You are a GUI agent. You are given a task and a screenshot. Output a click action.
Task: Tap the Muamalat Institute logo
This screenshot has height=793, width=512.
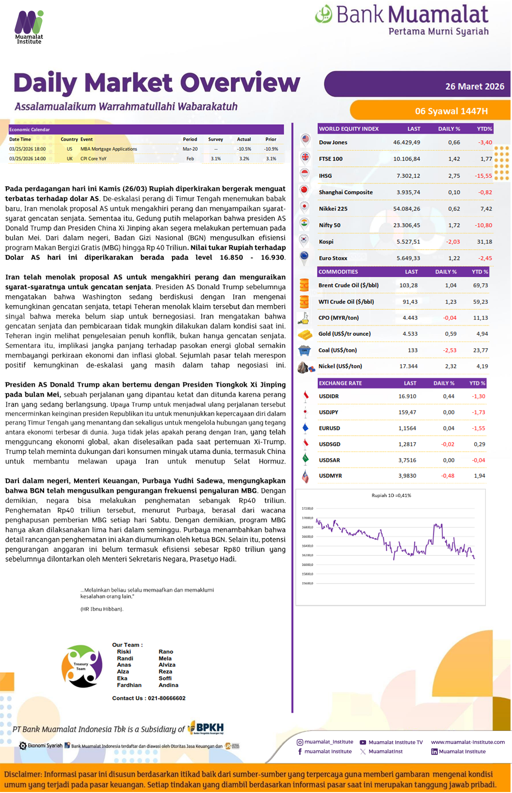click(x=29, y=27)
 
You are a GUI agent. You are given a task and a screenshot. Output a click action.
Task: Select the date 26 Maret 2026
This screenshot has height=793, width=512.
click(x=475, y=86)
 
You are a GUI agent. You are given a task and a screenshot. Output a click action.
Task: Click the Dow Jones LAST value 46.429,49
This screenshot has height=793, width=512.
click(x=406, y=143)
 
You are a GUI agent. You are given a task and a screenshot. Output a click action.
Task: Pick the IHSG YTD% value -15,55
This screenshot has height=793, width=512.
click(x=483, y=176)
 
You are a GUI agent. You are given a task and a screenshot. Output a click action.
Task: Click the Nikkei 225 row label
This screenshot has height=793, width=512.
click(x=333, y=209)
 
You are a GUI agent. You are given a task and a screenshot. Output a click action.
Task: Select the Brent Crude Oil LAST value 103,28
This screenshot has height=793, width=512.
click(x=408, y=285)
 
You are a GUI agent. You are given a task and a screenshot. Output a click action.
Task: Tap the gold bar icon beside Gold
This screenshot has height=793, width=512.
click(x=304, y=335)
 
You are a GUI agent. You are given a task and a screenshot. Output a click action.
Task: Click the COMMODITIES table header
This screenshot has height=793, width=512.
click(x=338, y=272)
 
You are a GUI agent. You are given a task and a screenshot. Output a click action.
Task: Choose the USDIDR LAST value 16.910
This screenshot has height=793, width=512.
click(x=407, y=396)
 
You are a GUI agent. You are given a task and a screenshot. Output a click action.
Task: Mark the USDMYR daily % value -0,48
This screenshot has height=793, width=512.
click(x=448, y=476)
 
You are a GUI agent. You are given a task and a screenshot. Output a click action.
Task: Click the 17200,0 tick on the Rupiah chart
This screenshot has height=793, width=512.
click(x=307, y=508)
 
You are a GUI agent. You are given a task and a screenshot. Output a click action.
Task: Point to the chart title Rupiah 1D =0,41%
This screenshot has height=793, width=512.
click(x=391, y=495)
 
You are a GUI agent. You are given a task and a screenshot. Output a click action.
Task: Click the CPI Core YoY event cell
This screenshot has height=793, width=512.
click(x=94, y=159)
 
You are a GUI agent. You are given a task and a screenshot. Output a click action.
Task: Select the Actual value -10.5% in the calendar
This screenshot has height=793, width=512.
click(x=244, y=149)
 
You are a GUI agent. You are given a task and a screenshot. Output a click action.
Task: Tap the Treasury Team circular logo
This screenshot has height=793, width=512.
click(x=82, y=666)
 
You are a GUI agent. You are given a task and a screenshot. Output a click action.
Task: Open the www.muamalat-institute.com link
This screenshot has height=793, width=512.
click(x=467, y=742)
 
